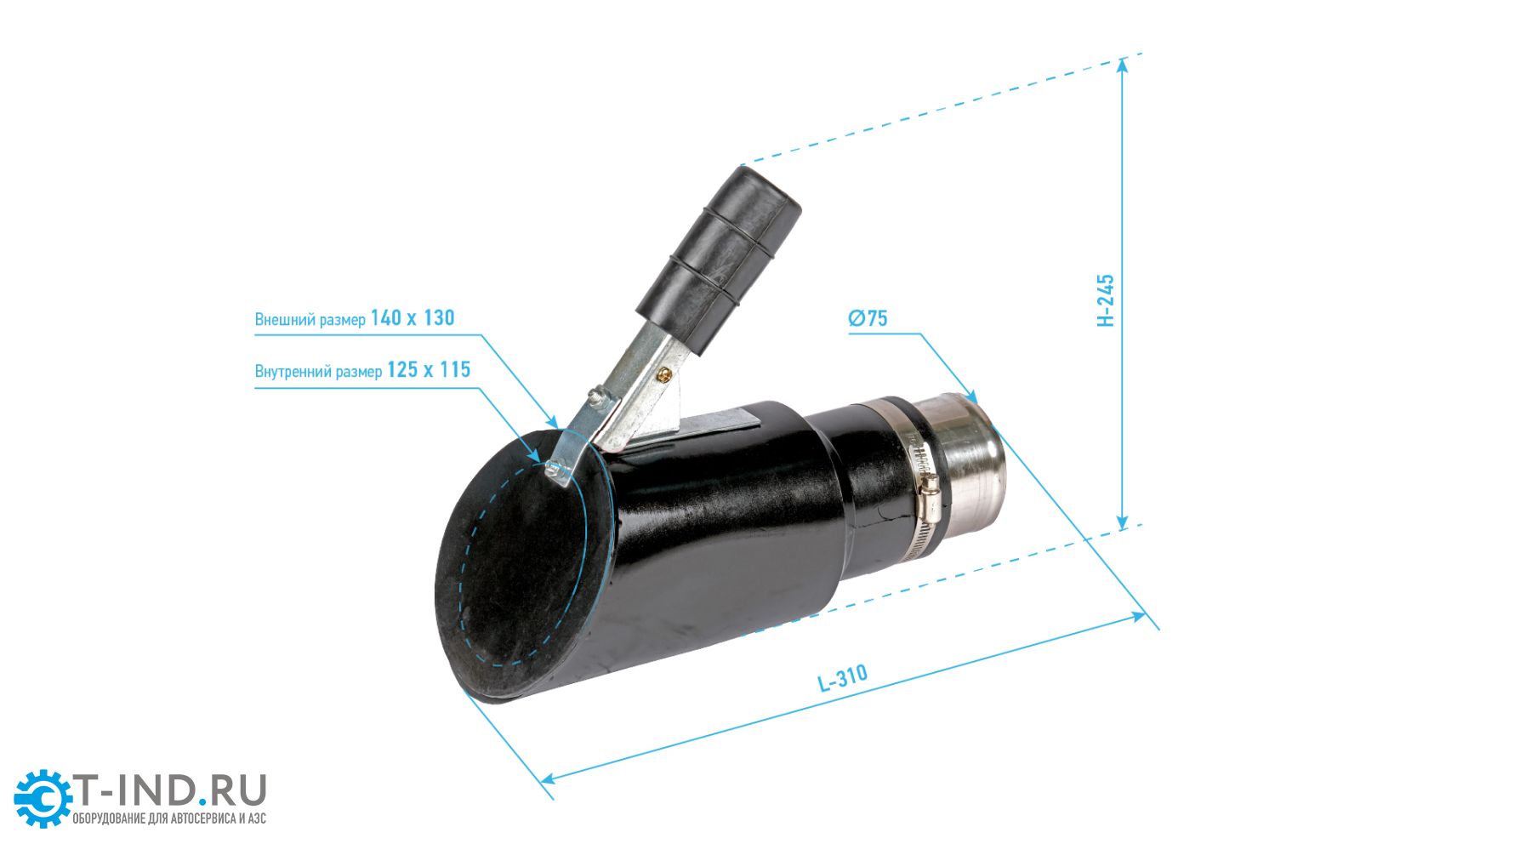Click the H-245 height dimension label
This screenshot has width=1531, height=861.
pyautogui.click(x=1106, y=299)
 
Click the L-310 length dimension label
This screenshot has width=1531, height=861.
pyautogui.click(x=842, y=677)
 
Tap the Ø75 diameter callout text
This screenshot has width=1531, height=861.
pyautogui.click(x=868, y=318)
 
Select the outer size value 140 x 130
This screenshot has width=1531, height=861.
pyautogui.click(x=413, y=318)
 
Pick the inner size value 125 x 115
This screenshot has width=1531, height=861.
pyautogui.click(x=429, y=370)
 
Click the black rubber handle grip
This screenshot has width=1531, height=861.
pyautogui.click(x=720, y=259)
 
